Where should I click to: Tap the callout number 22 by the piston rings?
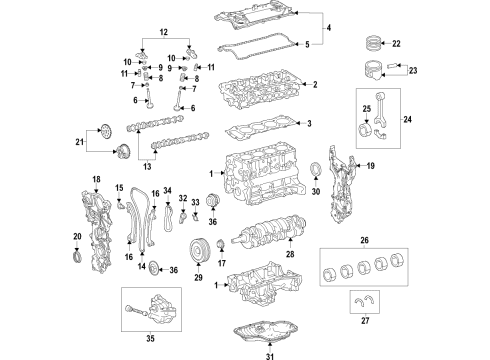pyautogui.click(x=395, y=45)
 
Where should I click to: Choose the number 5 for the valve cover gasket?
pyautogui.click(x=308, y=44)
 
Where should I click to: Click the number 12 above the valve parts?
pyautogui.click(x=164, y=33)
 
